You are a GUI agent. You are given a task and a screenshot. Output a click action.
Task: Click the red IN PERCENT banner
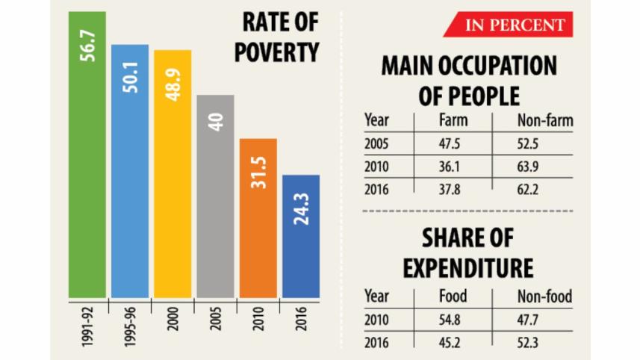pos(509,25)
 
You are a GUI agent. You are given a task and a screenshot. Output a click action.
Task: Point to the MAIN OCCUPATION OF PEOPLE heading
pos(468,81)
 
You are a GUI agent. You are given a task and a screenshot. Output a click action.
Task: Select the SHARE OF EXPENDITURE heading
pos(468,252)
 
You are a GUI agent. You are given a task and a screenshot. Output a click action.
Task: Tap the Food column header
pos(453,297)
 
